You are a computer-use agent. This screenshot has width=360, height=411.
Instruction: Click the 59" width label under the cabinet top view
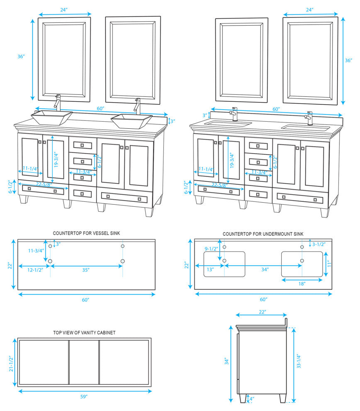point(84,397)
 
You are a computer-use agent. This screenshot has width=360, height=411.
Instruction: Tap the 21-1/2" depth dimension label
point(11,364)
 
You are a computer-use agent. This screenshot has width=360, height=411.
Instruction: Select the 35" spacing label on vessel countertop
point(86,270)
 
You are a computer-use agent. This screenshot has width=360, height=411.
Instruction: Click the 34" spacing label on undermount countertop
point(265,269)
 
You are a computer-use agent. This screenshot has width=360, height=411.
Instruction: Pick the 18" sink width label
point(302,284)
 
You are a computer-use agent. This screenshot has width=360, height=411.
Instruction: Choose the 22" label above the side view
point(262,311)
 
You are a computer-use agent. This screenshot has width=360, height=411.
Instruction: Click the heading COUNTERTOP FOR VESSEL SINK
point(87,234)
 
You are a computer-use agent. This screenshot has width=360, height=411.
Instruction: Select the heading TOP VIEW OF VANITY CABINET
point(84,333)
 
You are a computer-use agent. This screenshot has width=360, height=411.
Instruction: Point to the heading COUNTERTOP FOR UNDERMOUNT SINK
point(263,234)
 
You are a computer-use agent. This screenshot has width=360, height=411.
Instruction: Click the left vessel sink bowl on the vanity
point(52,117)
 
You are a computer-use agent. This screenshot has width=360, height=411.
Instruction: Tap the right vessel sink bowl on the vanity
point(131,120)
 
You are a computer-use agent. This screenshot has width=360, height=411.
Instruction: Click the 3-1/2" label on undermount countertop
point(318,245)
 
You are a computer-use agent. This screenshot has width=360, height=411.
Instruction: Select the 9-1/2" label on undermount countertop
point(212,249)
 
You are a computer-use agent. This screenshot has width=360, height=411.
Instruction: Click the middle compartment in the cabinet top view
point(84,362)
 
